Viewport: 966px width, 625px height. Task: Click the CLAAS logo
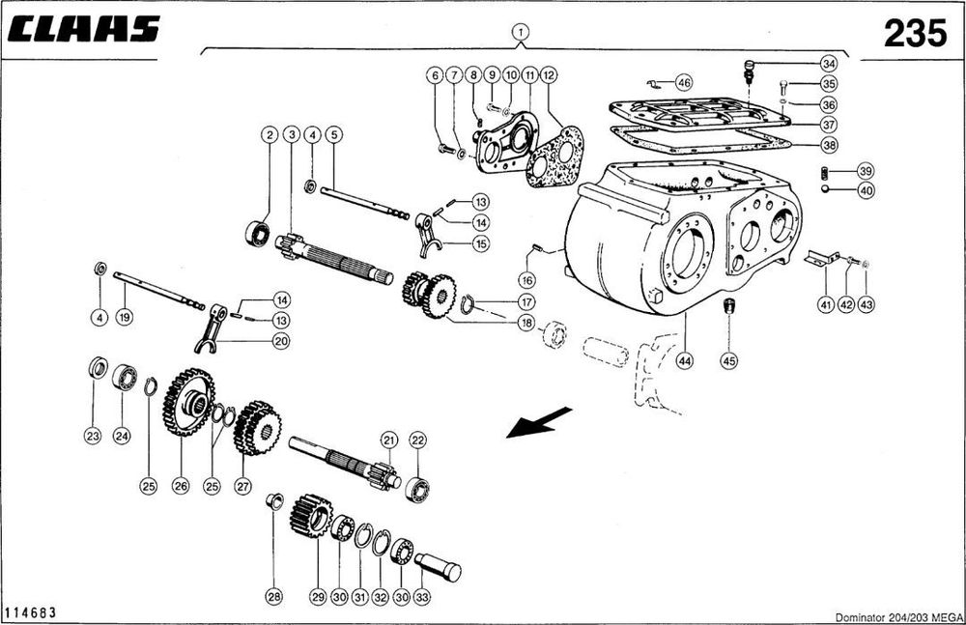click(82, 30)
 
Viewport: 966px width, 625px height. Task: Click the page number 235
click(915, 34)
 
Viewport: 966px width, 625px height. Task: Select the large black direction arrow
click(536, 423)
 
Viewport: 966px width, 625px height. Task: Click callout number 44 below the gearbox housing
click(685, 360)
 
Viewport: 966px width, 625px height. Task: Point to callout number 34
click(828, 64)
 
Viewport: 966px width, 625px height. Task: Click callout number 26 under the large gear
click(181, 487)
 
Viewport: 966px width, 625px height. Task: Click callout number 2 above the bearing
click(269, 135)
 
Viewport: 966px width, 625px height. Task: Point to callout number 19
click(123, 316)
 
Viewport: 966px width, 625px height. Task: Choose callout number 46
click(683, 82)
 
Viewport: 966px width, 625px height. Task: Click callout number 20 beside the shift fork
click(280, 340)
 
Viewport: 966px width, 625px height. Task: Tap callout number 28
click(274, 598)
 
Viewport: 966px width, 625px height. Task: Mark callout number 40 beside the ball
click(865, 190)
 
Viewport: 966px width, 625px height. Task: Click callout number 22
click(417, 440)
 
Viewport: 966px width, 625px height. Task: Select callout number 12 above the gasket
click(548, 74)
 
